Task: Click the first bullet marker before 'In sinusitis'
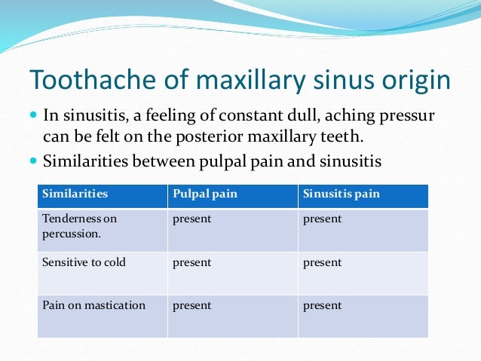click(33, 116)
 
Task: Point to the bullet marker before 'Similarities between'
click(33, 161)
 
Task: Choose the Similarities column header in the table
click(75, 194)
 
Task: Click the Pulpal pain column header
click(204, 194)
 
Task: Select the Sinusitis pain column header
click(342, 194)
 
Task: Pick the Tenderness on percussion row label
click(80, 225)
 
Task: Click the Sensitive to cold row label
click(84, 263)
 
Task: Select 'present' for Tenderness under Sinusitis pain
click(322, 219)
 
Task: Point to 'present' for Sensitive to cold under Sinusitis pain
click(322, 263)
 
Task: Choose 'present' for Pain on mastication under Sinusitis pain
click(322, 306)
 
